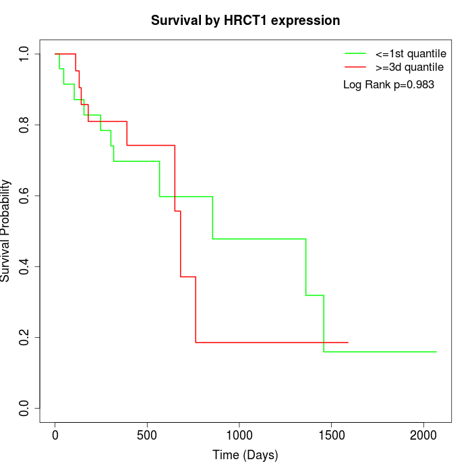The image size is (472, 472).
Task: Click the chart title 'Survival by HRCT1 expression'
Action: tap(245, 20)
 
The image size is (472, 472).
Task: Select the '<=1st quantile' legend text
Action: tap(411, 53)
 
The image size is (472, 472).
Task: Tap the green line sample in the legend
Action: tap(355, 53)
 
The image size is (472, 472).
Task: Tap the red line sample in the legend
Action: tap(355, 67)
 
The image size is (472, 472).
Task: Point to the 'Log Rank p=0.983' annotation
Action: tap(388, 85)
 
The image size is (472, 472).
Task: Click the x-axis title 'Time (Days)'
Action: tap(245, 455)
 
